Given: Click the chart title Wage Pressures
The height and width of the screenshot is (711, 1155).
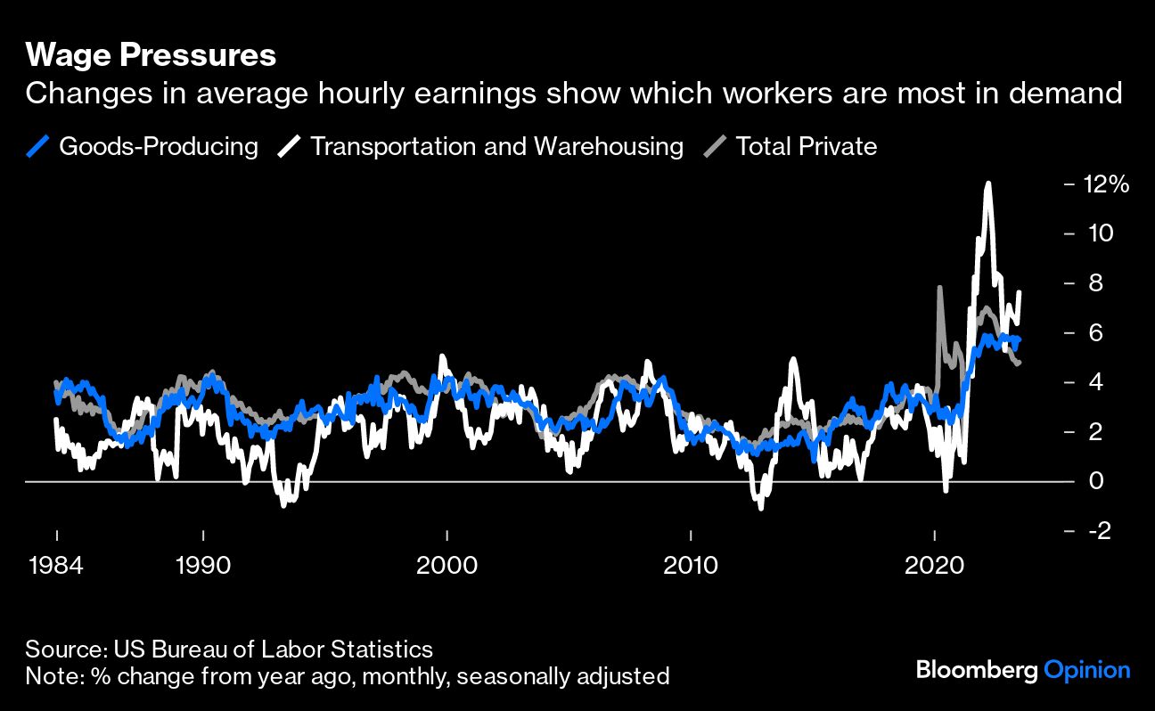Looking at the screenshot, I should click(x=151, y=55).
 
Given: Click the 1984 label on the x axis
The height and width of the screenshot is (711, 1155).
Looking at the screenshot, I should click(x=56, y=566).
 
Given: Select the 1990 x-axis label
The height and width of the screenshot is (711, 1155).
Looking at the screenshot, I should click(x=203, y=566).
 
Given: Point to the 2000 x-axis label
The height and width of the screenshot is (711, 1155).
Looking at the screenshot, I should click(x=446, y=566).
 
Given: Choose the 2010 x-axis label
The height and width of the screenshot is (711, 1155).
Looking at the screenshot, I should click(x=691, y=566).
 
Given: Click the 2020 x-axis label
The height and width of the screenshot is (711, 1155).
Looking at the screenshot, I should click(x=934, y=566).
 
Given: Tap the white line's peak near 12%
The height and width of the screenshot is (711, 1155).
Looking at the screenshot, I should click(x=987, y=184).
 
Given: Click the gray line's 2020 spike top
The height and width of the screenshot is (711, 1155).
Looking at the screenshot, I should click(x=939, y=287).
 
